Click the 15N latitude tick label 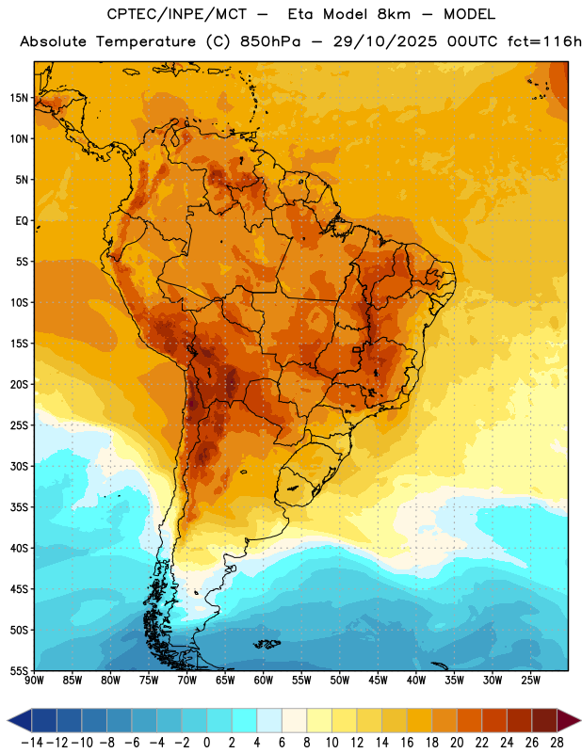pos(19,98)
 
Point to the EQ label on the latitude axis pos(22,221)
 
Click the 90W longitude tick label pos(34,680)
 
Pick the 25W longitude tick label pos(530,680)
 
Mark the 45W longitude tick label pos(378,680)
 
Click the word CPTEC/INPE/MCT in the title pos(177,14)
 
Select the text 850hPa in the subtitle pos(270,41)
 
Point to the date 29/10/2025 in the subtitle pos(385,41)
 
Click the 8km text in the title pos(394,14)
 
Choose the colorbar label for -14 pos(32,743)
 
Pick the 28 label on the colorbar pos(557,743)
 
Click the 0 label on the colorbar pos(207,743)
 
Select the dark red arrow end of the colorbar pos(569,720)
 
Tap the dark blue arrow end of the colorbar pos(20,720)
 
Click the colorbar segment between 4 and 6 pos(269,720)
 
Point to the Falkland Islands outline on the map pos(267,644)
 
